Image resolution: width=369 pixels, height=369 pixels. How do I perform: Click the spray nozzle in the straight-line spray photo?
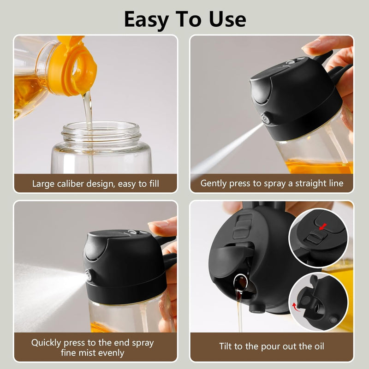click(267, 118)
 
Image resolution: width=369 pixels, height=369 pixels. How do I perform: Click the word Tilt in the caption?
click(227, 347)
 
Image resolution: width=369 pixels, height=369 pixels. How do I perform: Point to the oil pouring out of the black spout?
click(239, 304)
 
